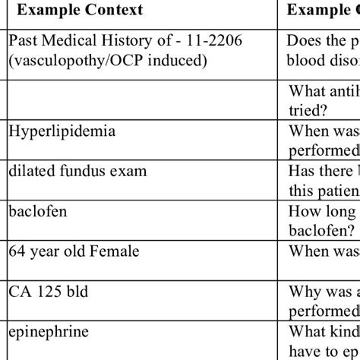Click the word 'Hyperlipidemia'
(62, 132)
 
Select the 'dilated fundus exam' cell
(77, 172)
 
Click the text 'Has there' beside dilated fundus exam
(323, 172)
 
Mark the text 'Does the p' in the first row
(323, 41)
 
